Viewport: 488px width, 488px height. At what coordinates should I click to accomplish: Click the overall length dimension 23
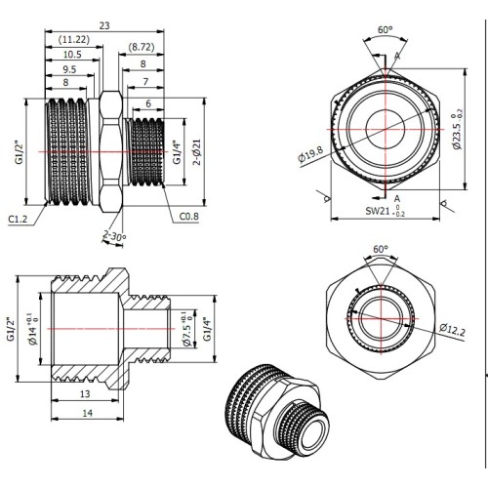104,25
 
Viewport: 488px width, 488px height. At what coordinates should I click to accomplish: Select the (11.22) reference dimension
74,40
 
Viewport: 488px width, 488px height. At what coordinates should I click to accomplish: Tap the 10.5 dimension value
72,55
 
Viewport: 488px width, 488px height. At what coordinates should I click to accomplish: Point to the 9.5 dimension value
69,69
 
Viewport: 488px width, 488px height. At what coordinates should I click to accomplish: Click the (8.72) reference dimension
141,47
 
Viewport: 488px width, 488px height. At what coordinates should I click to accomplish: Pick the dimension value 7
145,81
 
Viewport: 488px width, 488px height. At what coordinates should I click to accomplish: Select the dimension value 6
148,103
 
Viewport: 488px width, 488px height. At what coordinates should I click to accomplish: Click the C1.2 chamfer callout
18,219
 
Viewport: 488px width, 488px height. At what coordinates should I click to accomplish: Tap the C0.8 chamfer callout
189,217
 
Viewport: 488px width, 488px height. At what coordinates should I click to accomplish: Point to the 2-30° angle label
114,236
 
